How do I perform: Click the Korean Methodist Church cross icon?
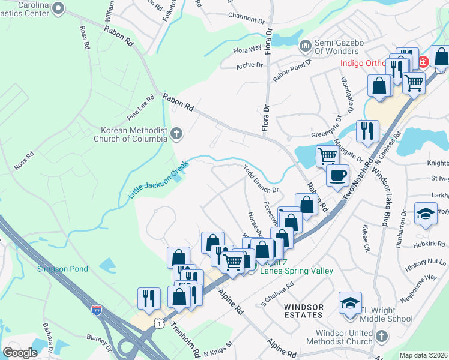tap(176, 133)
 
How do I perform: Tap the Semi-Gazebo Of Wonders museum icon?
tap(306, 45)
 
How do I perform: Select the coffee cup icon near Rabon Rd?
tap(337, 175)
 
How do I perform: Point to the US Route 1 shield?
tap(158, 323)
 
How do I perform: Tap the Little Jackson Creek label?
tap(158, 179)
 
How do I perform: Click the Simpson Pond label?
tap(62, 269)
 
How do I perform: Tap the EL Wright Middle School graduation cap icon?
tap(350, 304)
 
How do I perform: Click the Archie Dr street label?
tap(250, 65)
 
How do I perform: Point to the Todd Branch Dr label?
tap(261, 179)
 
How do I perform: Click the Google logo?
tap(20, 353)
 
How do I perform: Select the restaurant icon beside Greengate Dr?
tap(367, 131)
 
